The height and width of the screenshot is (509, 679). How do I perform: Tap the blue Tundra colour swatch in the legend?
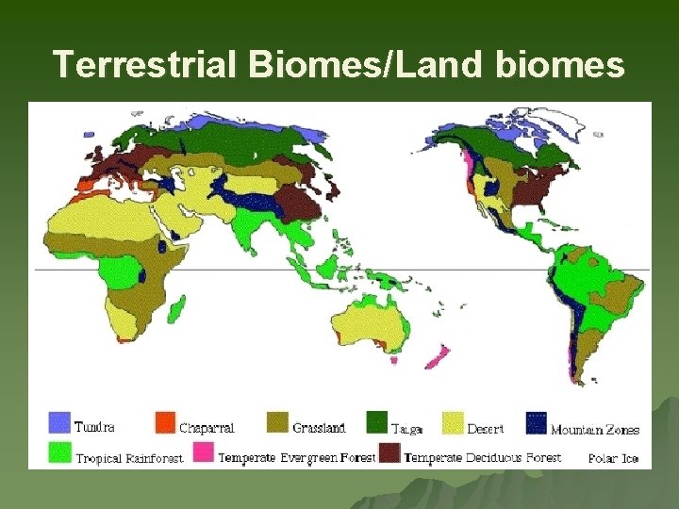(x=60, y=422)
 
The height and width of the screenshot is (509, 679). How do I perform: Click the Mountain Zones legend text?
(x=594, y=430)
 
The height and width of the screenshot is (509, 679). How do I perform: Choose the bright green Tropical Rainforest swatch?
(x=60, y=452)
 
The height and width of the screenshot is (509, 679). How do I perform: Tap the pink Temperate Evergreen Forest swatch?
(x=203, y=452)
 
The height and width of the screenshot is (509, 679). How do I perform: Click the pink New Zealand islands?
(x=437, y=357)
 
